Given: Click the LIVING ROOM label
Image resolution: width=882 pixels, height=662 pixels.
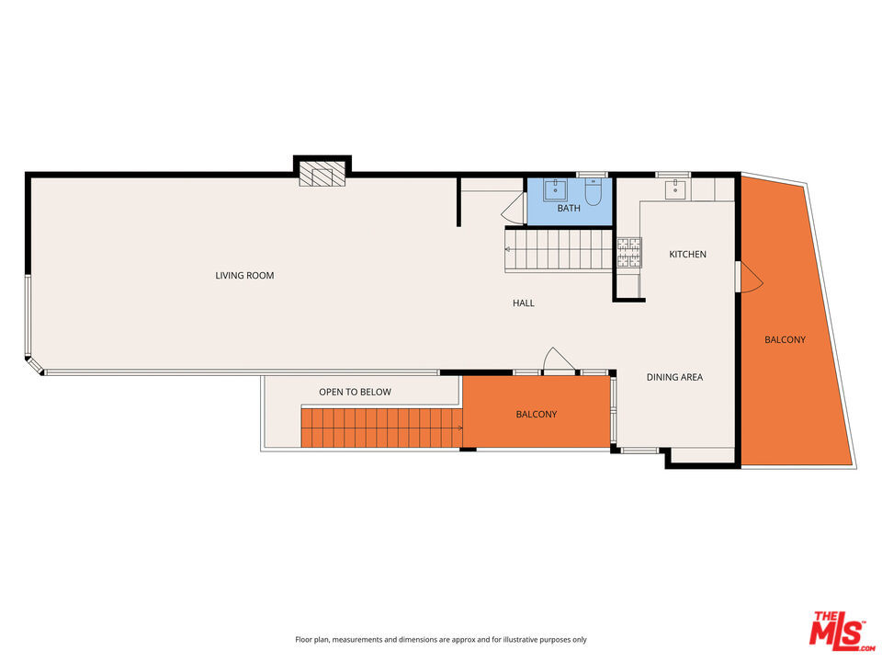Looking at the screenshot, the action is tap(244, 275).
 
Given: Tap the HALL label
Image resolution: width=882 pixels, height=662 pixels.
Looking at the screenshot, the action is tap(523, 302).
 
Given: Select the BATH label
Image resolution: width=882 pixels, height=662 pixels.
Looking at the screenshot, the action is tap(569, 209).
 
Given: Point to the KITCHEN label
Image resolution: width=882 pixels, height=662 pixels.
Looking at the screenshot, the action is tap(687, 255).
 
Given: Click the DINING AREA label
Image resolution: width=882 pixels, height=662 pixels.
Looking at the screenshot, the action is tap(674, 377).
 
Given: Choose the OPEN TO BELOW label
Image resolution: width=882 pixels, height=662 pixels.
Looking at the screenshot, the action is tap(355, 392).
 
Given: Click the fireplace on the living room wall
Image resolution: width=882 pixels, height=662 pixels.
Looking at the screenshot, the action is tap(322, 174).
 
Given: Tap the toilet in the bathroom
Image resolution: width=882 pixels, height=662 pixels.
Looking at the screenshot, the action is tap(593, 192).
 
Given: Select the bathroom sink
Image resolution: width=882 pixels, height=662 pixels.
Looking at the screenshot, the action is tap(555, 189).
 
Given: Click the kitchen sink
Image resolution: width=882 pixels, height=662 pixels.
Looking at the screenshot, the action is tap(675, 189).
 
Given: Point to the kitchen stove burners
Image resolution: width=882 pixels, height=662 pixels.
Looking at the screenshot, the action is tap(628, 252).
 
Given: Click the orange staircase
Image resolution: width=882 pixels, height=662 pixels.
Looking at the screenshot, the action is tap(381, 428).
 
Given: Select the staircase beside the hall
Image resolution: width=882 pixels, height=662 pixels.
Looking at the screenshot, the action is tap(558, 250).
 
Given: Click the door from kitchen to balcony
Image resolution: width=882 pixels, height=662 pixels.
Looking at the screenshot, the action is tap(750, 277).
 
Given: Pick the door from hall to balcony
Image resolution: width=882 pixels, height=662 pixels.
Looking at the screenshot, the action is tap(558, 360).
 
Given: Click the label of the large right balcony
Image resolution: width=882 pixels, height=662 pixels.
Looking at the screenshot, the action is tap(785, 339).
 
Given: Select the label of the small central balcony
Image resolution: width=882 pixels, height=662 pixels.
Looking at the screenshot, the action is tap(536, 415).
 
